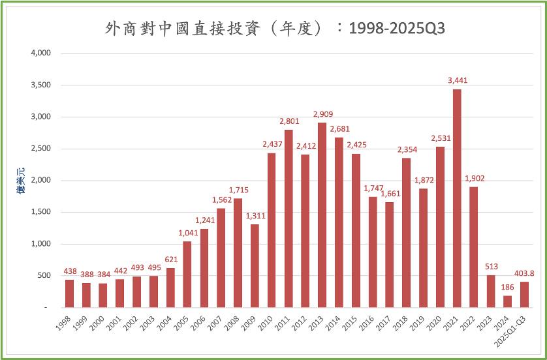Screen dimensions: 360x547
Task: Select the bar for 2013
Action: click(x=322, y=215)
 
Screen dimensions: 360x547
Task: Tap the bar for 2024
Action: click(x=507, y=301)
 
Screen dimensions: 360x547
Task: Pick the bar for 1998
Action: click(x=69, y=293)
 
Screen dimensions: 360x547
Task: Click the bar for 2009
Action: click(x=255, y=265)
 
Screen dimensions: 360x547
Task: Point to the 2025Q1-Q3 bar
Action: click(x=524, y=294)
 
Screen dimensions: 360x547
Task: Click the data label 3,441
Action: click(x=458, y=80)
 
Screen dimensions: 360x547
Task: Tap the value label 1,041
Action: click(x=187, y=233)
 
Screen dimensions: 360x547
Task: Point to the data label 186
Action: click(x=507, y=287)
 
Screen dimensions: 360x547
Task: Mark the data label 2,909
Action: click(x=322, y=114)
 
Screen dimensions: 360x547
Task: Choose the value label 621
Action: click(x=170, y=260)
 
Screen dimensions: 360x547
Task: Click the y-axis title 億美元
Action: click(x=20, y=181)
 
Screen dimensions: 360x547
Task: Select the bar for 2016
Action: click(x=373, y=252)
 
